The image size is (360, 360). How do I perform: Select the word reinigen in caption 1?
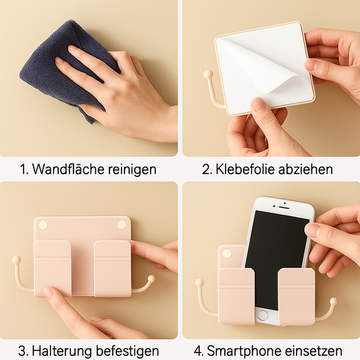[x=132, y=170]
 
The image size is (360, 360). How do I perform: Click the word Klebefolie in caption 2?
[x=245, y=170]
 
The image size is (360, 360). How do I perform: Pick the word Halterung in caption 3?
[x=61, y=351]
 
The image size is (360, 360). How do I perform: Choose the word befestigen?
[x=127, y=351]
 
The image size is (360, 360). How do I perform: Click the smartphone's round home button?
[x=263, y=315]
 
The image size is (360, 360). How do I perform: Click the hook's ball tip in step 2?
[x=208, y=74]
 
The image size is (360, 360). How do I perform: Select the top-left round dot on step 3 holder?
[x=43, y=225]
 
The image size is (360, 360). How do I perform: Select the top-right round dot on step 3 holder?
[x=122, y=225]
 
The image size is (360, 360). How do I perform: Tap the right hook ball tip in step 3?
[x=151, y=278]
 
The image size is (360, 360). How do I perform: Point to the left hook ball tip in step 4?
[x=199, y=282]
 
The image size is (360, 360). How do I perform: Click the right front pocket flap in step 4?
[x=297, y=297]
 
